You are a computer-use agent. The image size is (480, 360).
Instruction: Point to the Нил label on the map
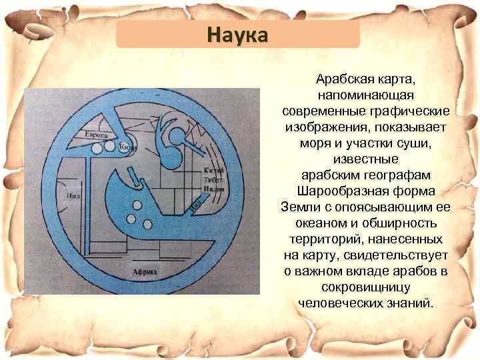pyautogui.click(x=74, y=196)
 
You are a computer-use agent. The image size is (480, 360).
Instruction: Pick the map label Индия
pyautogui.click(x=214, y=189)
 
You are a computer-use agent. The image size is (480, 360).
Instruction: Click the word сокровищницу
pyautogui.click(x=366, y=287)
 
